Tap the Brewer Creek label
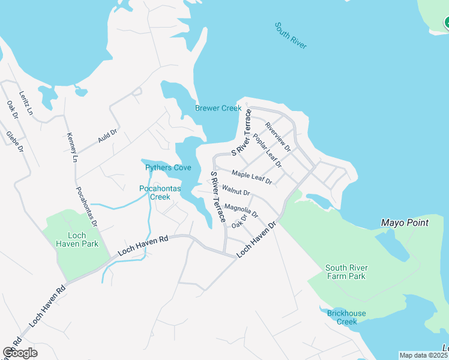tap(218, 109)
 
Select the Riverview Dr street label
tap(278, 137)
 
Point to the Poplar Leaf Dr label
tap(267, 150)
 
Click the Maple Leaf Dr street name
tap(252, 177)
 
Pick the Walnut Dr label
tap(235, 192)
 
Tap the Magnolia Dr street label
tap(241, 211)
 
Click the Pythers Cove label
tap(168, 168)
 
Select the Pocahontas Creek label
tap(155, 193)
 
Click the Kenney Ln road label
tap(72, 147)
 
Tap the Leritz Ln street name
tap(26, 103)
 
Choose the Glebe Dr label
tap(14, 141)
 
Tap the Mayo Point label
tap(405, 223)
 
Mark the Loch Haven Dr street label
tap(256, 239)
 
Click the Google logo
tap(20, 353)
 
